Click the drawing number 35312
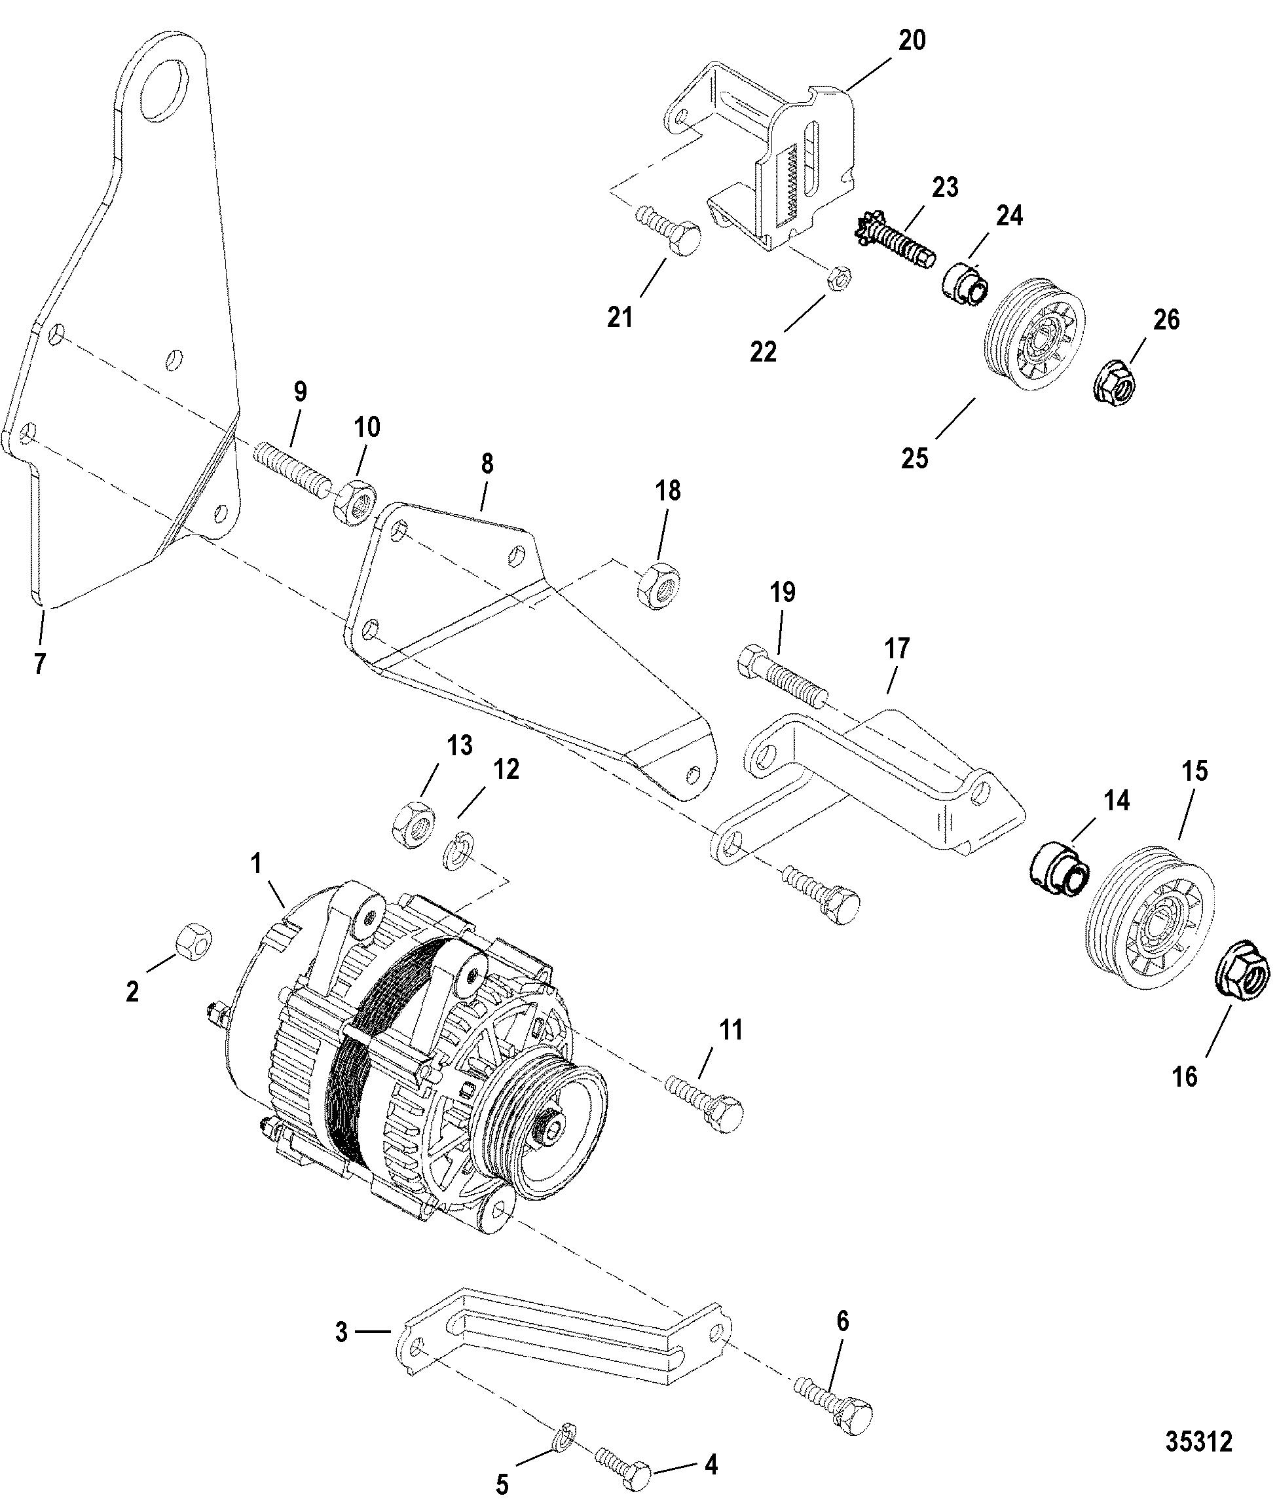point(1198,1441)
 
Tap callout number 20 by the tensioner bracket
point(912,41)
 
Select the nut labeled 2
point(194,941)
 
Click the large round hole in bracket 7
point(166,87)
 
